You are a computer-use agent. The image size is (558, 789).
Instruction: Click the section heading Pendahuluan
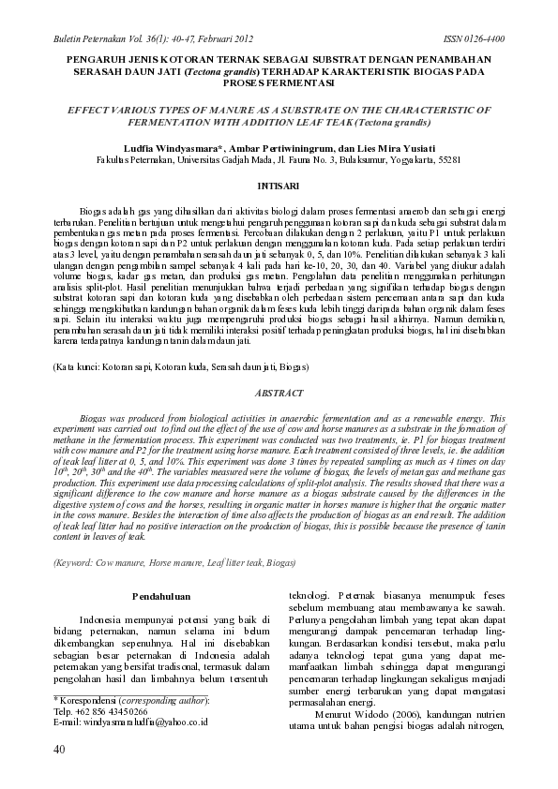tap(161, 595)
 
